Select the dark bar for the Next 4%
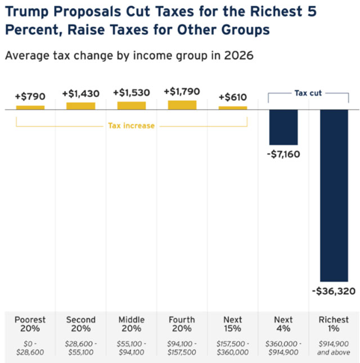click(x=283, y=127)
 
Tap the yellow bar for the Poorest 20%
click(x=30, y=107)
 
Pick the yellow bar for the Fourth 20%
click(x=182, y=105)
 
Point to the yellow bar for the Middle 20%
click(x=132, y=105)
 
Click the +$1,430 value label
click(x=81, y=93)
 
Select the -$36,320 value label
click(x=334, y=292)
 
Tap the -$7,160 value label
click(x=284, y=154)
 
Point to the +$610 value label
click(x=232, y=97)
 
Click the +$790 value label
click(x=30, y=97)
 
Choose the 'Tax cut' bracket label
click(x=308, y=93)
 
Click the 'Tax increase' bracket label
click(x=131, y=126)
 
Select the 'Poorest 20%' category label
click(x=30, y=324)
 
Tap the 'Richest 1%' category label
click(x=334, y=324)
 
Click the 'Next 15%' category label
click(x=233, y=324)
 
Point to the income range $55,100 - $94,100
click(x=132, y=348)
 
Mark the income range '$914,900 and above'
click(x=334, y=348)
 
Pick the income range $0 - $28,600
click(x=30, y=348)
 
